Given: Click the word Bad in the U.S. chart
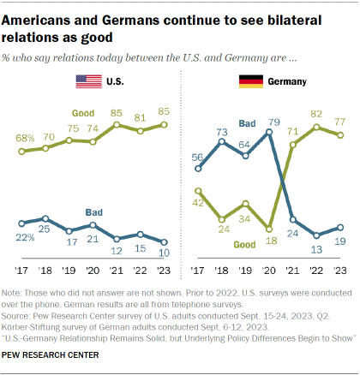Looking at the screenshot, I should [x=94, y=211].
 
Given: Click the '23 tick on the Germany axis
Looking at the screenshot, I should [x=339, y=270].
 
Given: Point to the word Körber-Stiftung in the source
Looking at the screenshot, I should [x=38, y=329].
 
